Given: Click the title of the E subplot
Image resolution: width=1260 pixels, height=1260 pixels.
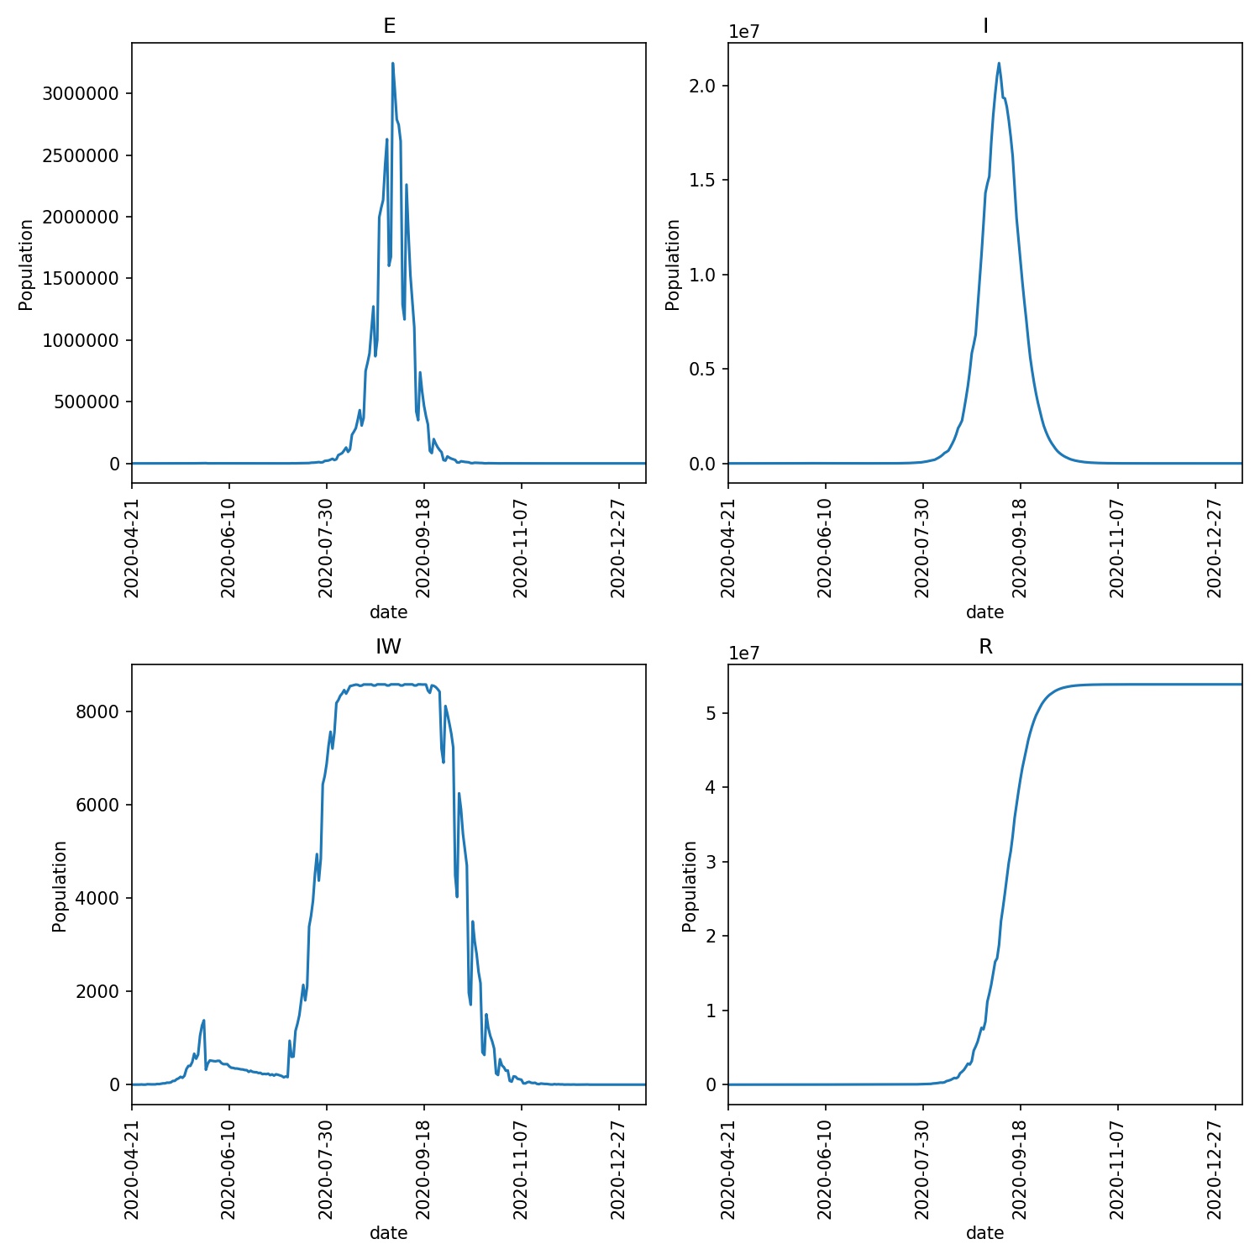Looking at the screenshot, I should click(x=389, y=26).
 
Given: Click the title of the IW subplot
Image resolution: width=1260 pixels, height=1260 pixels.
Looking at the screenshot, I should click(x=388, y=647).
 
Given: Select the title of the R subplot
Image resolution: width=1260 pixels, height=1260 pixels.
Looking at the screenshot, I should click(x=985, y=647).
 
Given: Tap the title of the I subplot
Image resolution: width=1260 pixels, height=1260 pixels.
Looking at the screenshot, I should click(x=985, y=26).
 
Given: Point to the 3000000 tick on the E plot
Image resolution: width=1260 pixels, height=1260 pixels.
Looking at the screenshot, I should click(x=81, y=93).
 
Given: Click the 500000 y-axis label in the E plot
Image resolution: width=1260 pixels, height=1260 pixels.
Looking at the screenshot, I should click(x=87, y=402).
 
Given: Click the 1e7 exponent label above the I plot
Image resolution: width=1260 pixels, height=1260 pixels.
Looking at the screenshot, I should click(x=744, y=32).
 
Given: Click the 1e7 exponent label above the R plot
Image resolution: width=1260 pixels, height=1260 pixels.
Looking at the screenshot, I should click(x=744, y=654).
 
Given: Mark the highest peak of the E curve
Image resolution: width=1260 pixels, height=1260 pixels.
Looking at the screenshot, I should click(x=392, y=64).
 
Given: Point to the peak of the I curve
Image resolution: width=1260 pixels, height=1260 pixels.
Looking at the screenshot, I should click(x=999, y=63).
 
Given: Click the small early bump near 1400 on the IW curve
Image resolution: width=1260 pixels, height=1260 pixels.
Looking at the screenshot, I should click(x=203, y=1021).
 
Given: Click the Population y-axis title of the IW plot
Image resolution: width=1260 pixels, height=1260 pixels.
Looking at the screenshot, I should click(x=59, y=886).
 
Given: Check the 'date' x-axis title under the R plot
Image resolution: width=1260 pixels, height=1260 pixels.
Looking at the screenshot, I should click(x=984, y=1233).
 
